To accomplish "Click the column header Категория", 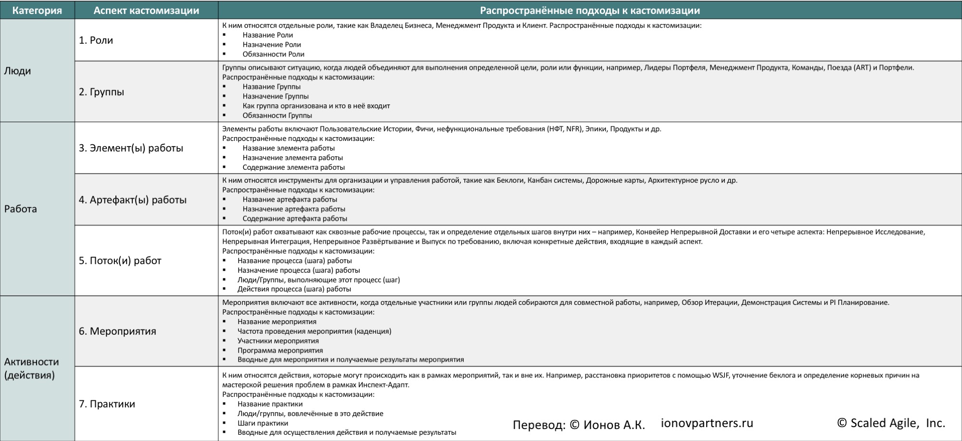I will point(37,11).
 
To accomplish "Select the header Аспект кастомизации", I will point(146,11).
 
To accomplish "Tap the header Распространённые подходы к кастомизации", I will point(590,11).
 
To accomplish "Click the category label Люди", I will point(17,71).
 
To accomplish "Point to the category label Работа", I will point(21,209).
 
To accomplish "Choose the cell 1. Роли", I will point(96,40).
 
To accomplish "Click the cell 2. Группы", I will point(101,92).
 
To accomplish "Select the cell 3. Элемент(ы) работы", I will point(131,148).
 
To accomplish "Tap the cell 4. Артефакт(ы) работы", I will point(133,200).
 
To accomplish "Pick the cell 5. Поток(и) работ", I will point(120,261).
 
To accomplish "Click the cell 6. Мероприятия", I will point(117,331).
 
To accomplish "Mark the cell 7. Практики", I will point(107,404).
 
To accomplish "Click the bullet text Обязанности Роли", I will point(273,54).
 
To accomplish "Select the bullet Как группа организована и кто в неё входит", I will point(316,106).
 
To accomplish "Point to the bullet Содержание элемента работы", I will point(293,167).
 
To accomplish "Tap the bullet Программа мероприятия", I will point(280,351).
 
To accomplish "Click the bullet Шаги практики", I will point(263,423).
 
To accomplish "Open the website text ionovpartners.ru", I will point(707,423).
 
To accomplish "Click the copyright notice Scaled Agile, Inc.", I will point(891,423).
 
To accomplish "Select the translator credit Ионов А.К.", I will point(614,425).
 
